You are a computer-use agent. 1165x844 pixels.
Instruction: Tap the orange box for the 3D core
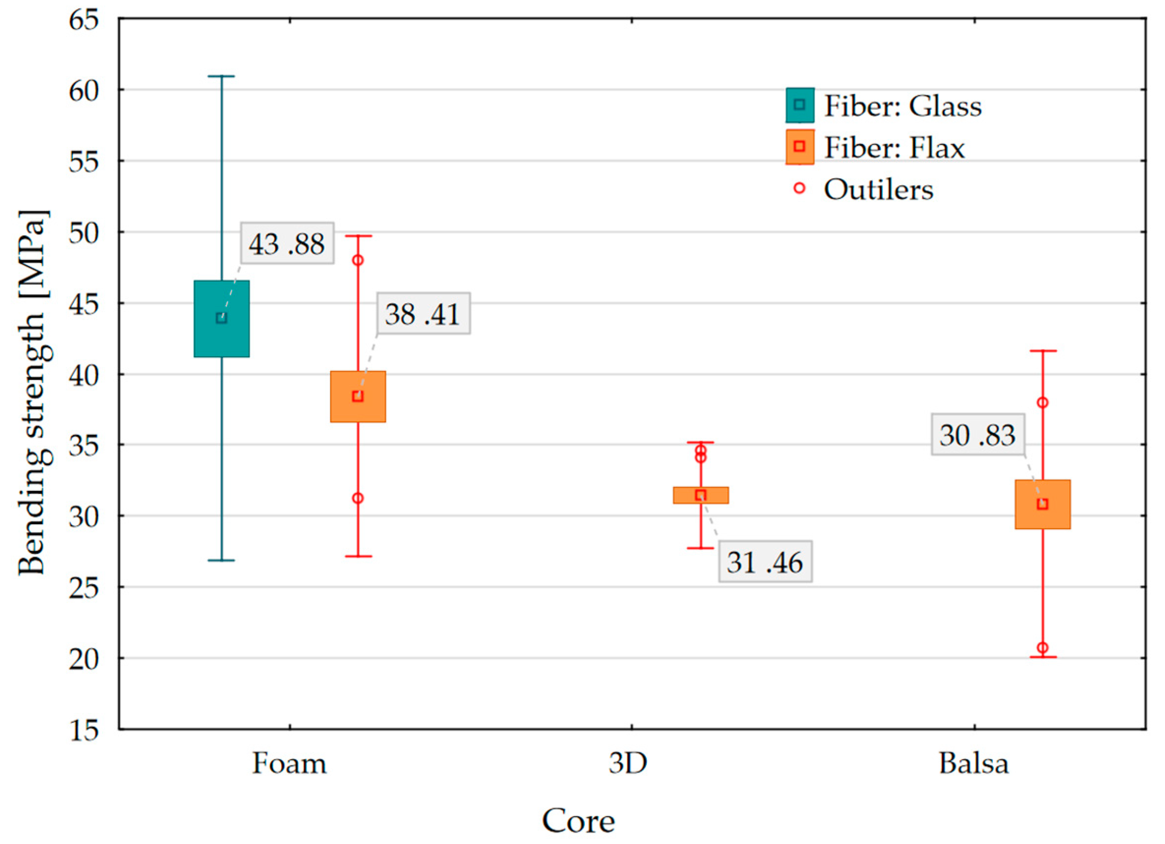701,495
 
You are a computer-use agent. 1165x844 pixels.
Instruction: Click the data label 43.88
287,244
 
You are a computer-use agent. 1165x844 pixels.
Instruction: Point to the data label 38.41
423,314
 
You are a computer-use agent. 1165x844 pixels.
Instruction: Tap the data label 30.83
977,435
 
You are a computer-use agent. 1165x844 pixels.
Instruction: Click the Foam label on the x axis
289,764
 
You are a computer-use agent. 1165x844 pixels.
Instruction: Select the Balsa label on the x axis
974,764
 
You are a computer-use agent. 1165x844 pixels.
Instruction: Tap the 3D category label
627,764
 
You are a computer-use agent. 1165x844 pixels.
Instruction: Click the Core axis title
578,820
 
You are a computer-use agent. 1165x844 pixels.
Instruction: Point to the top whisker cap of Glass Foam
222,77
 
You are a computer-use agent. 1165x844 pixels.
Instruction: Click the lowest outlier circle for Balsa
1043,648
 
